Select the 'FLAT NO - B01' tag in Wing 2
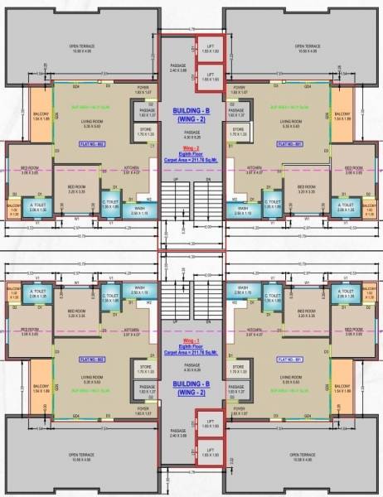tap(289, 144)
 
